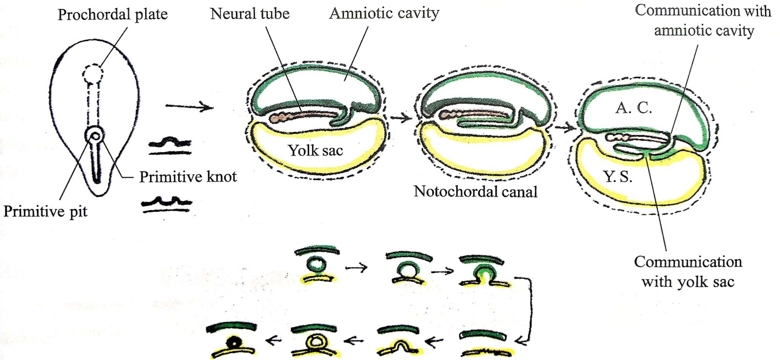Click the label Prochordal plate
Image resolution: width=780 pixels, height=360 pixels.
click(113, 15)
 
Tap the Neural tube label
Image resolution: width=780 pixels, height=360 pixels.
click(250, 14)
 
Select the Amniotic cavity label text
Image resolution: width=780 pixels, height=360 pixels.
click(384, 13)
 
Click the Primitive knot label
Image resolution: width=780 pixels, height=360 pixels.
click(188, 177)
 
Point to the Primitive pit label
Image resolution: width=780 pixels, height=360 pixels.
click(45, 211)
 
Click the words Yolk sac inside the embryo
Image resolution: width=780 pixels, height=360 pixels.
click(315, 150)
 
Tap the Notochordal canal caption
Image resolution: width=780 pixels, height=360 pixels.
click(475, 191)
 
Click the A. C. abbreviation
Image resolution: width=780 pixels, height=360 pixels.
click(633, 108)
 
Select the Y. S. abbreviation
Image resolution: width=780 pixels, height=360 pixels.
click(618, 176)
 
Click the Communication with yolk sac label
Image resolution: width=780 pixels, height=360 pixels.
click(688, 272)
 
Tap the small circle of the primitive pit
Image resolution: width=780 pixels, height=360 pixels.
click(95, 136)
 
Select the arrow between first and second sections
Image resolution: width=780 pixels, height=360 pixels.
click(401, 117)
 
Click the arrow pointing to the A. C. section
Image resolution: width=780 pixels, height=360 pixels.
click(565, 128)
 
